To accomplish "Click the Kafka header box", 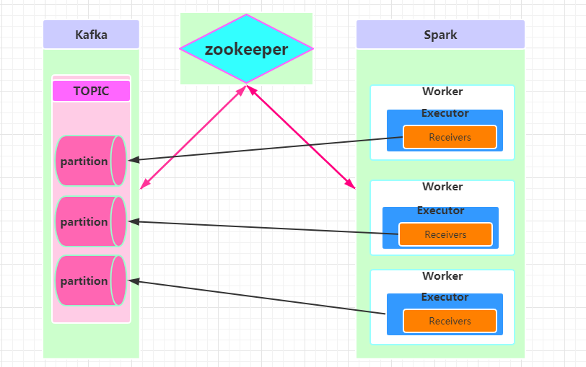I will pyautogui.click(x=91, y=35).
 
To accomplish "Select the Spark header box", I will pyautogui.click(x=440, y=35).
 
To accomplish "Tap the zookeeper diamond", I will pyautogui.click(x=246, y=49).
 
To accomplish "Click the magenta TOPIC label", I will pyautogui.click(x=91, y=91).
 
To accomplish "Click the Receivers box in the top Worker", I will pyautogui.click(x=450, y=137).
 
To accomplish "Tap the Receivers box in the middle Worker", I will pyautogui.click(x=445, y=234).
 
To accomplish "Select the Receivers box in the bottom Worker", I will pyautogui.click(x=450, y=321).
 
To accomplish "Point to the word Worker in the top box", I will pyautogui.click(x=442, y=92).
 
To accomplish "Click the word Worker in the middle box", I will pyautogui.click(x=442, y=187).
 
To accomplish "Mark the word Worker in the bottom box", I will pyautogui.click(x=442, y=276).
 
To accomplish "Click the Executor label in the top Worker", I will pyautogui.click(x=445, y=113).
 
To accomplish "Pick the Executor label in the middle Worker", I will pyautogui.click(x=440, y=211).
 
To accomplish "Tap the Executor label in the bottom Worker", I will pyautogui.click(x=445, y=297).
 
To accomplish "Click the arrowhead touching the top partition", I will pyautogui.click(x=134, y=159).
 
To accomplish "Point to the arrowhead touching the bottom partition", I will pyautogui.click(x=134, y=281).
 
